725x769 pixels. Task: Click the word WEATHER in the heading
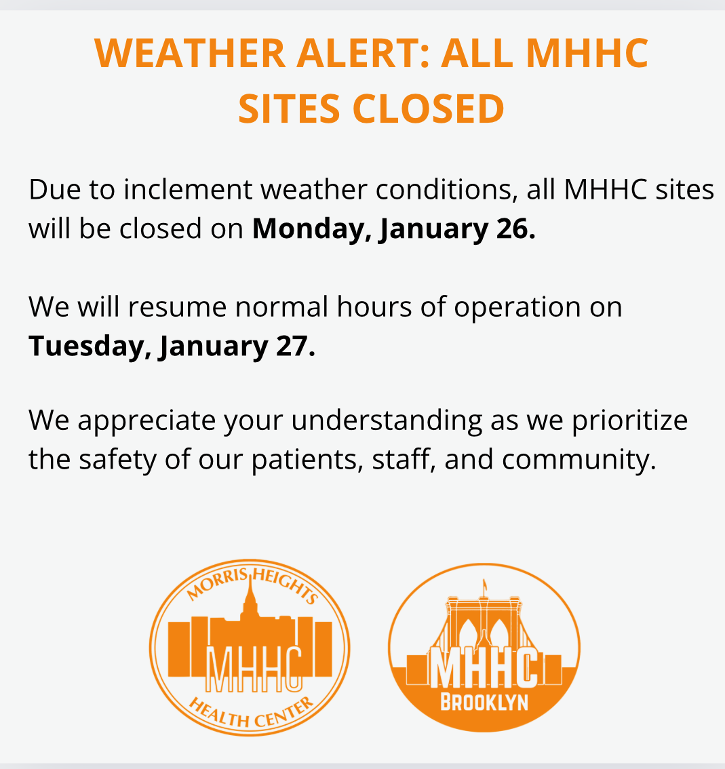190,53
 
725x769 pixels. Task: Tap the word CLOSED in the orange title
428,109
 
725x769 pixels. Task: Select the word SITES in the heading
289,109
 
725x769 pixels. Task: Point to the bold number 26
515,229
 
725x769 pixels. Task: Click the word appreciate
146,421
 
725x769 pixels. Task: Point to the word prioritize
630,421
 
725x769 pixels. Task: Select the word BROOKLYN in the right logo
484,703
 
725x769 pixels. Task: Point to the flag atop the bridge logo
485,585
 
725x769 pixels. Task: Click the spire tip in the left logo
251,574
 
